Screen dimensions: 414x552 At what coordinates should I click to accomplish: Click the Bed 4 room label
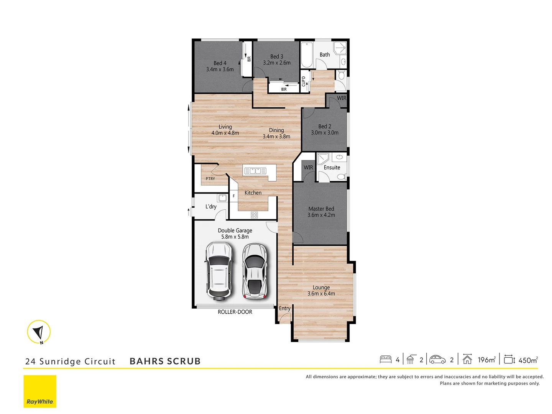click(220, 63)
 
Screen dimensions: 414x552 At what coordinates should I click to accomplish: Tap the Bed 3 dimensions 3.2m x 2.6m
click(276, 63)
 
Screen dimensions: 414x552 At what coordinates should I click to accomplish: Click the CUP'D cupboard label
click(304, 81)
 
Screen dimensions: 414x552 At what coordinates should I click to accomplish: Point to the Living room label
click(225, 127)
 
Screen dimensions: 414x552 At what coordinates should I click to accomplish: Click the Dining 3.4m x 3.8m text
click(276, 133)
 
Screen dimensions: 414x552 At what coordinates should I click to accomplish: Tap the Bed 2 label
click(324, 127)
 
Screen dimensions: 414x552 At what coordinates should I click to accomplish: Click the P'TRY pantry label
click(210, 179)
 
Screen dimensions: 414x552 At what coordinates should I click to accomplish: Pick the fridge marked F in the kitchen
click(233, 196)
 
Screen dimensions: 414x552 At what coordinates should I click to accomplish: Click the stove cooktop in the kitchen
click(254, 215)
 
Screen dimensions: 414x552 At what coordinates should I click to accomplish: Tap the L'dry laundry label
click(211, 207)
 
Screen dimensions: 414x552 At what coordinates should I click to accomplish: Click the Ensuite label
click(332, 168)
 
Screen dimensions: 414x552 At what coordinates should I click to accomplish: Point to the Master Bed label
click(321, 209)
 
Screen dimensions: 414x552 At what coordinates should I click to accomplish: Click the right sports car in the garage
click(255, 271)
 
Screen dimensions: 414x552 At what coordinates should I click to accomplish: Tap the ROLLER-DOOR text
click(235, 312)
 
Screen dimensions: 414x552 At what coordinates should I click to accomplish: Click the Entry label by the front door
click(284, 308)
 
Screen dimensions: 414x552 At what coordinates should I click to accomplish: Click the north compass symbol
click(39, 332)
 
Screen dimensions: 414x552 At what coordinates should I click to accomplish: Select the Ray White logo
click(40, 391)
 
